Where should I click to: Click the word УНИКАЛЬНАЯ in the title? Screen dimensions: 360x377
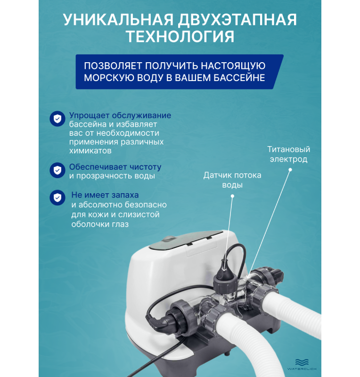(x=118, y=19)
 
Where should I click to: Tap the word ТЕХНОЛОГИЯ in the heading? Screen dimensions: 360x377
(x=180, y=36)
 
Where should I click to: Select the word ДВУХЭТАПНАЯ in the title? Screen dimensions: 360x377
(x=237, y=19)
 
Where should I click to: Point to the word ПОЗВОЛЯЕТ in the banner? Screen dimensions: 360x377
(x=113, y=66)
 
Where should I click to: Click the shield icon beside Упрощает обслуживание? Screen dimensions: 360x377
(x=57, y=119)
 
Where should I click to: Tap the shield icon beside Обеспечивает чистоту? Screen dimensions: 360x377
(x=57, y=170)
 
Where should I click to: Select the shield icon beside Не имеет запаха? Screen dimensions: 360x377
(x=57, y=197)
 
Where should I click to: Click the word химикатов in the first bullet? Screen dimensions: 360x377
(x=90, y=151)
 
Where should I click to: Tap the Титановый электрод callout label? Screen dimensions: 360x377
(x=288, y=154)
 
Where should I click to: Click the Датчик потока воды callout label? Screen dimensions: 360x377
(x=232, y=180)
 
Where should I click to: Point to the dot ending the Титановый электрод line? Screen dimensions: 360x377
(x=290, y=170)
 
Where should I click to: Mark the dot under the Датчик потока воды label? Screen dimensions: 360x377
(x=232, y=196)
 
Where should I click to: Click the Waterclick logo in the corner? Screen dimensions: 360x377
(x=302, y=364)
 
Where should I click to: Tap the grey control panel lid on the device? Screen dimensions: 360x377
(x=186, y=240)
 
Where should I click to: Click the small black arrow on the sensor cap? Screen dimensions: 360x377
(x=224, y=268)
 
